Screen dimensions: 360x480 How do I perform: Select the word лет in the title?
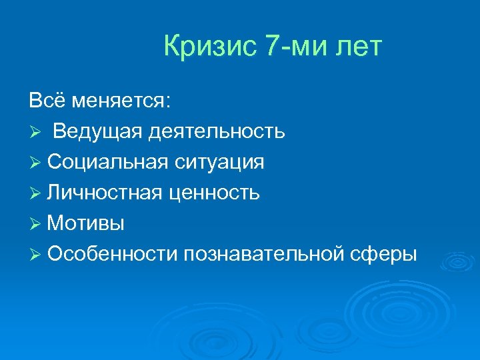pyautogui.click(x=360, y=48)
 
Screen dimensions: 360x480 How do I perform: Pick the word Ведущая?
pyautogui.click(x=98, y=131)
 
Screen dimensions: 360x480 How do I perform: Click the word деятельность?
pyautogui.click(x=217, y=131)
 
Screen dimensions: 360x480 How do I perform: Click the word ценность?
pyautogui.click(x=214, y=193)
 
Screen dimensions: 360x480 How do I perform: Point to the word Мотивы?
pyautogui.click(x=86, y=223)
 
